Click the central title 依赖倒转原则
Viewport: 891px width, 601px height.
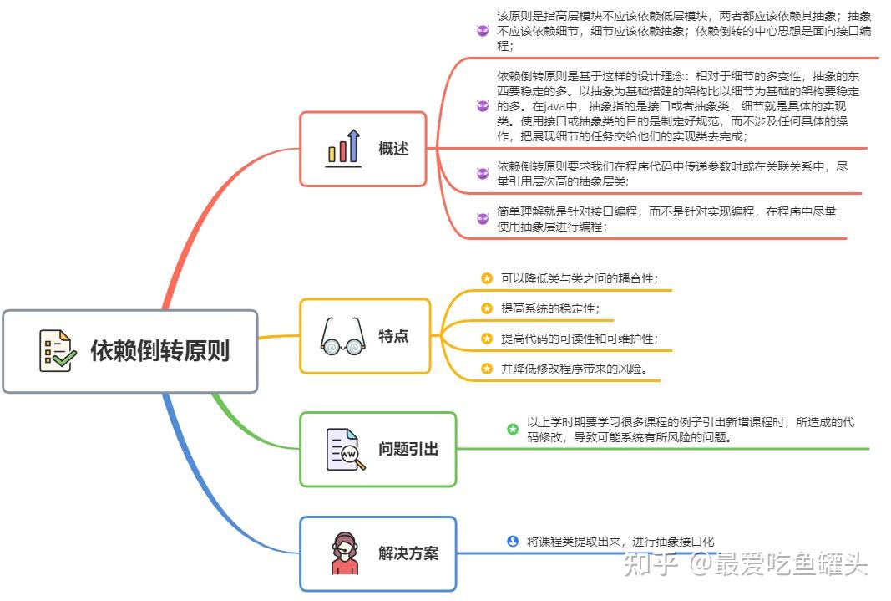(159, 351)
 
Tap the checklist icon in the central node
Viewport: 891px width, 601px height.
(58, 351)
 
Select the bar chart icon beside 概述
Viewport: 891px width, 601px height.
(344, 148)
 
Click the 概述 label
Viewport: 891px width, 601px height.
(393, 149)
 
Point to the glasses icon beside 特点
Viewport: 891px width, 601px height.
(342, 336)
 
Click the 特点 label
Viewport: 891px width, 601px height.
(393, 336)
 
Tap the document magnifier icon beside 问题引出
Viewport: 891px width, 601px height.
(346, 449)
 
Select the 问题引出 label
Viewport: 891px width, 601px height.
(408, 449)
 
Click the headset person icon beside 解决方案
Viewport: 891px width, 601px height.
(345, 553)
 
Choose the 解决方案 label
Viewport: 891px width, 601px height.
(408, 553)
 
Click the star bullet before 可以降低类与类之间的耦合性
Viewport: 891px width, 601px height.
(486, 278)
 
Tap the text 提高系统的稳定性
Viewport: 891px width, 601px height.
(550, 308)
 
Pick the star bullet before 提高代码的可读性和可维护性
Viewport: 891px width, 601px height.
(486, 339)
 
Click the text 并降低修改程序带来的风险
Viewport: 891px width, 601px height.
(574, 369)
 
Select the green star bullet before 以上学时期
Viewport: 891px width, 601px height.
(513, 429)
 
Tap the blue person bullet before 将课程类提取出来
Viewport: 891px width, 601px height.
(513, 542)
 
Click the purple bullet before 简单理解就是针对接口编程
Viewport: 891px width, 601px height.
(483, 218)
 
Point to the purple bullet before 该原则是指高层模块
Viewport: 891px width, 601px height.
(483, 31)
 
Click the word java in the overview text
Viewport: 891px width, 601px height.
(554, 106)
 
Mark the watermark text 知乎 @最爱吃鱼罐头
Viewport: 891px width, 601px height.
(745, 563)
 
